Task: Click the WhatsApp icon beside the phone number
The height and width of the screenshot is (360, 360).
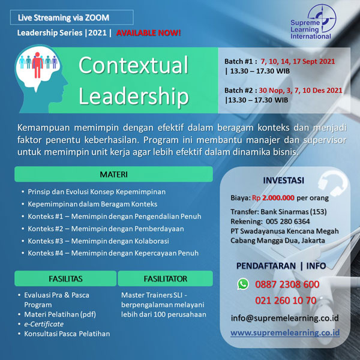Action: coord(243,284)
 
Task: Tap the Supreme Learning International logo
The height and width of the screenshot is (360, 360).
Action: coord(313,22)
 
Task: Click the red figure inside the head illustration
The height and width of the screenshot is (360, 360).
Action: coord(37,65)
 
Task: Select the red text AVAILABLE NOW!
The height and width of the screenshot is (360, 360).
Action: coord(149,33)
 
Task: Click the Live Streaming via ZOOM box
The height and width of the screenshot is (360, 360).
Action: coord(72,17)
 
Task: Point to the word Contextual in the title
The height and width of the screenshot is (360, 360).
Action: coord(133,65)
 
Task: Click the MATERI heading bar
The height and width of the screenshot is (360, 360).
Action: coord(113,174)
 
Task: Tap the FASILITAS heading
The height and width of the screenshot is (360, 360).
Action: coord(65,278)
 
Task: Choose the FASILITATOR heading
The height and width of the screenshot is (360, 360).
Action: coord(166,278)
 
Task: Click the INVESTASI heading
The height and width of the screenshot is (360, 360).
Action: coord(284,181)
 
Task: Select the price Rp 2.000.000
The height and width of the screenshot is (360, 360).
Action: coord(273,197)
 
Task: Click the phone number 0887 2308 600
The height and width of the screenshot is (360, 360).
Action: coord(287,284)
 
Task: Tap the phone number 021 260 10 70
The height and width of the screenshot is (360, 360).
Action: coord(286,301)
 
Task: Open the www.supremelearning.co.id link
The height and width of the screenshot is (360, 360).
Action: coord(285,332)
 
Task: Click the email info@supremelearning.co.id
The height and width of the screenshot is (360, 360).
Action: coord(284,318)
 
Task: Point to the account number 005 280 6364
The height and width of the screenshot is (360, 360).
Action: coord(287,221)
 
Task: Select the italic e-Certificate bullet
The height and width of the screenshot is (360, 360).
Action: coord(44,324)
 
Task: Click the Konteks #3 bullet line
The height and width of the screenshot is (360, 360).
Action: coord(98,241)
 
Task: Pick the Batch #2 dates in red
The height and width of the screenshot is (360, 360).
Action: coord(301,91)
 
